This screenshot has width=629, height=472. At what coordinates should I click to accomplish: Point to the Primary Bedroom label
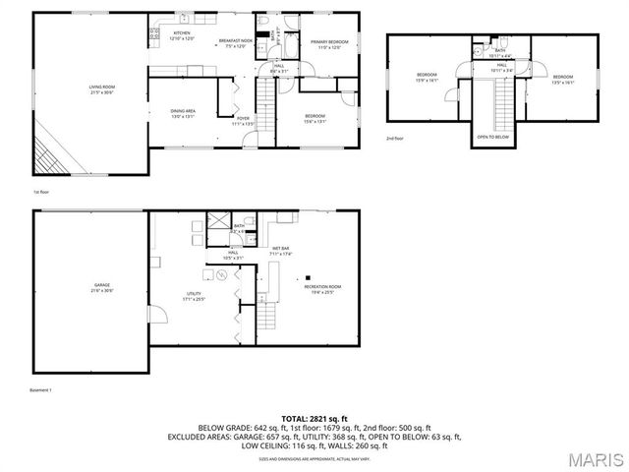tap(330, 43)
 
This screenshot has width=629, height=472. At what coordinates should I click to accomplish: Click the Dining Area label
tap(184, 112)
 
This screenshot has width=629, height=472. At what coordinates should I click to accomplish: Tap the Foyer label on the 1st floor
tap(243, 121)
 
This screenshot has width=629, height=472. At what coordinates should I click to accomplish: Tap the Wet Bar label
tap(280, 251)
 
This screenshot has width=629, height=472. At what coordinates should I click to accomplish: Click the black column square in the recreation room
tap(308, 277)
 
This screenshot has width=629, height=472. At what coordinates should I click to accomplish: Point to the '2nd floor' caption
tap(395, 138)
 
